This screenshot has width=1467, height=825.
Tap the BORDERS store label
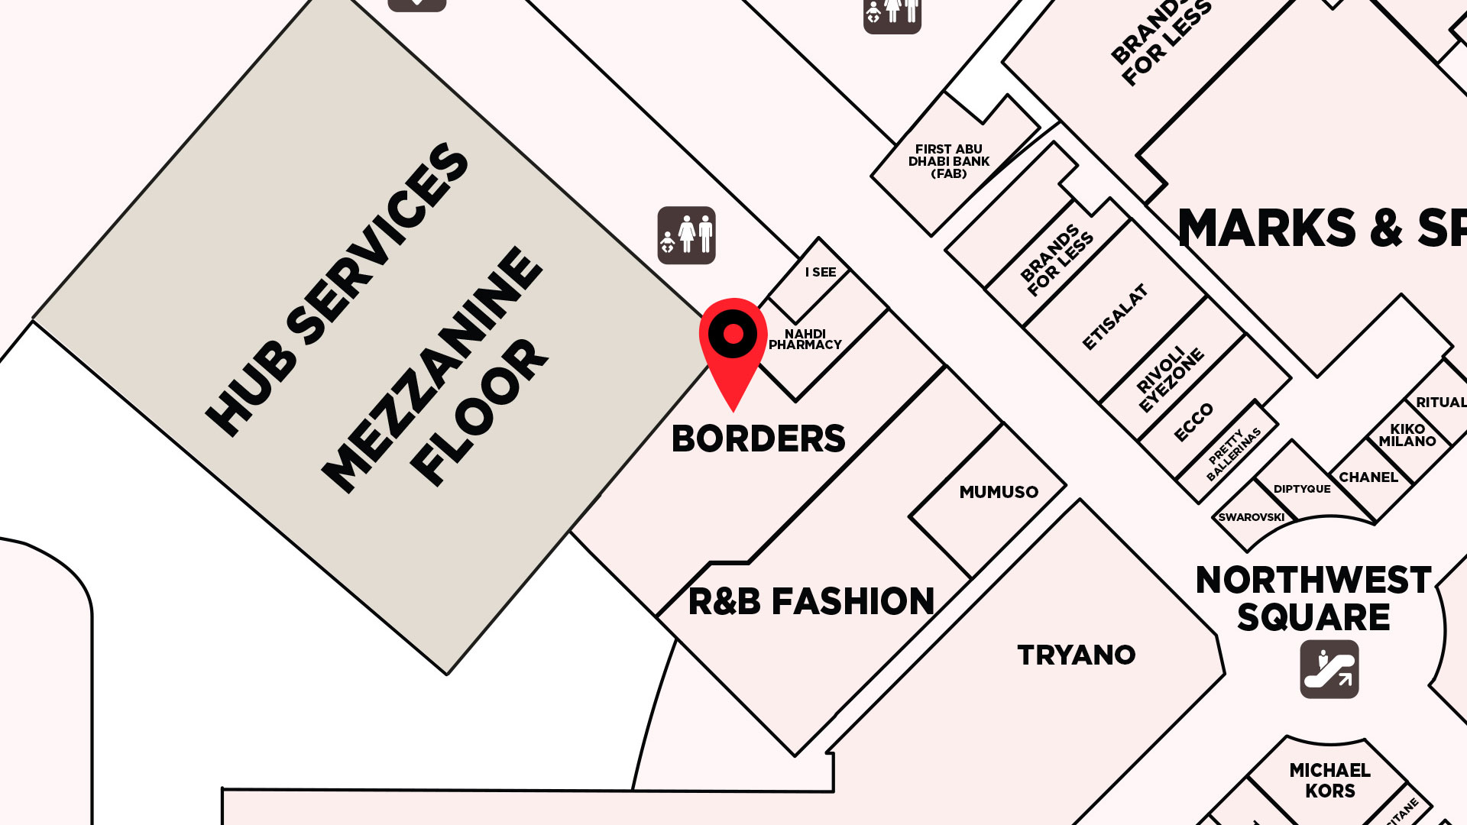point(758,439)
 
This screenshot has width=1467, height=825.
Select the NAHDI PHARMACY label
point(805,339)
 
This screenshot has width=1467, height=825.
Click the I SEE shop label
point(820,272)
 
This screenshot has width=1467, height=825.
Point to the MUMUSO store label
point(999,492)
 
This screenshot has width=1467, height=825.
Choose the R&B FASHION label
point(811,602)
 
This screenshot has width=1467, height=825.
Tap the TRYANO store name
point(1076,655)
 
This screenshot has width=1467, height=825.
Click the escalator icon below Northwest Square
point(1329,669)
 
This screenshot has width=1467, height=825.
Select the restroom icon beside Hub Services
point(686,235)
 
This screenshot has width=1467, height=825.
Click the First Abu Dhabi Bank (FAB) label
point(948,161)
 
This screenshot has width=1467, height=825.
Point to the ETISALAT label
point(1116,317)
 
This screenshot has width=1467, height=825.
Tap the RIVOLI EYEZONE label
point(1169,380)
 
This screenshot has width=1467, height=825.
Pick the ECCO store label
point(1193,422)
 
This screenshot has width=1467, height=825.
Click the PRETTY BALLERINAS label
point(1232,455)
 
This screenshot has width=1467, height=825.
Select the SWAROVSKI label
point(1251,517)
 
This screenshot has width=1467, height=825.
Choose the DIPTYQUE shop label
point(1301,489)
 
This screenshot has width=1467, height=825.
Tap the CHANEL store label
point(1368,477)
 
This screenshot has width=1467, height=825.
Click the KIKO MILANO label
point(1407,435)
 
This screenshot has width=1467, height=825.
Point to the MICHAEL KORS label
point(1329,781)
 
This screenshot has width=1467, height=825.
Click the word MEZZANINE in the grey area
point(432,370)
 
